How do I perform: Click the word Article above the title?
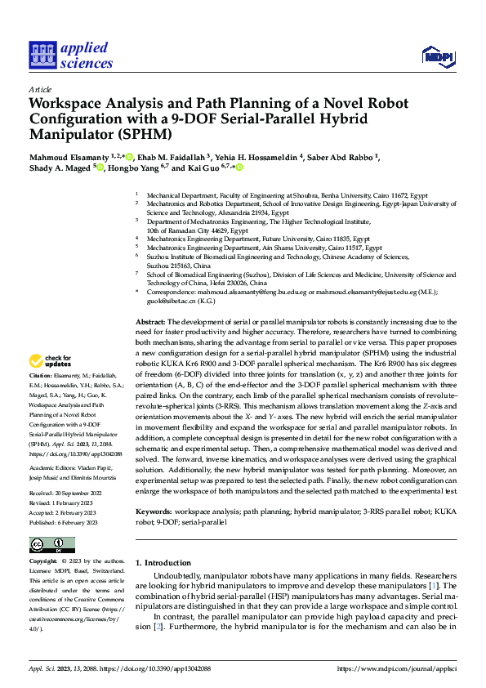pos(39,89)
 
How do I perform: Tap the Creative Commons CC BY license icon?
pos(52,545)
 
